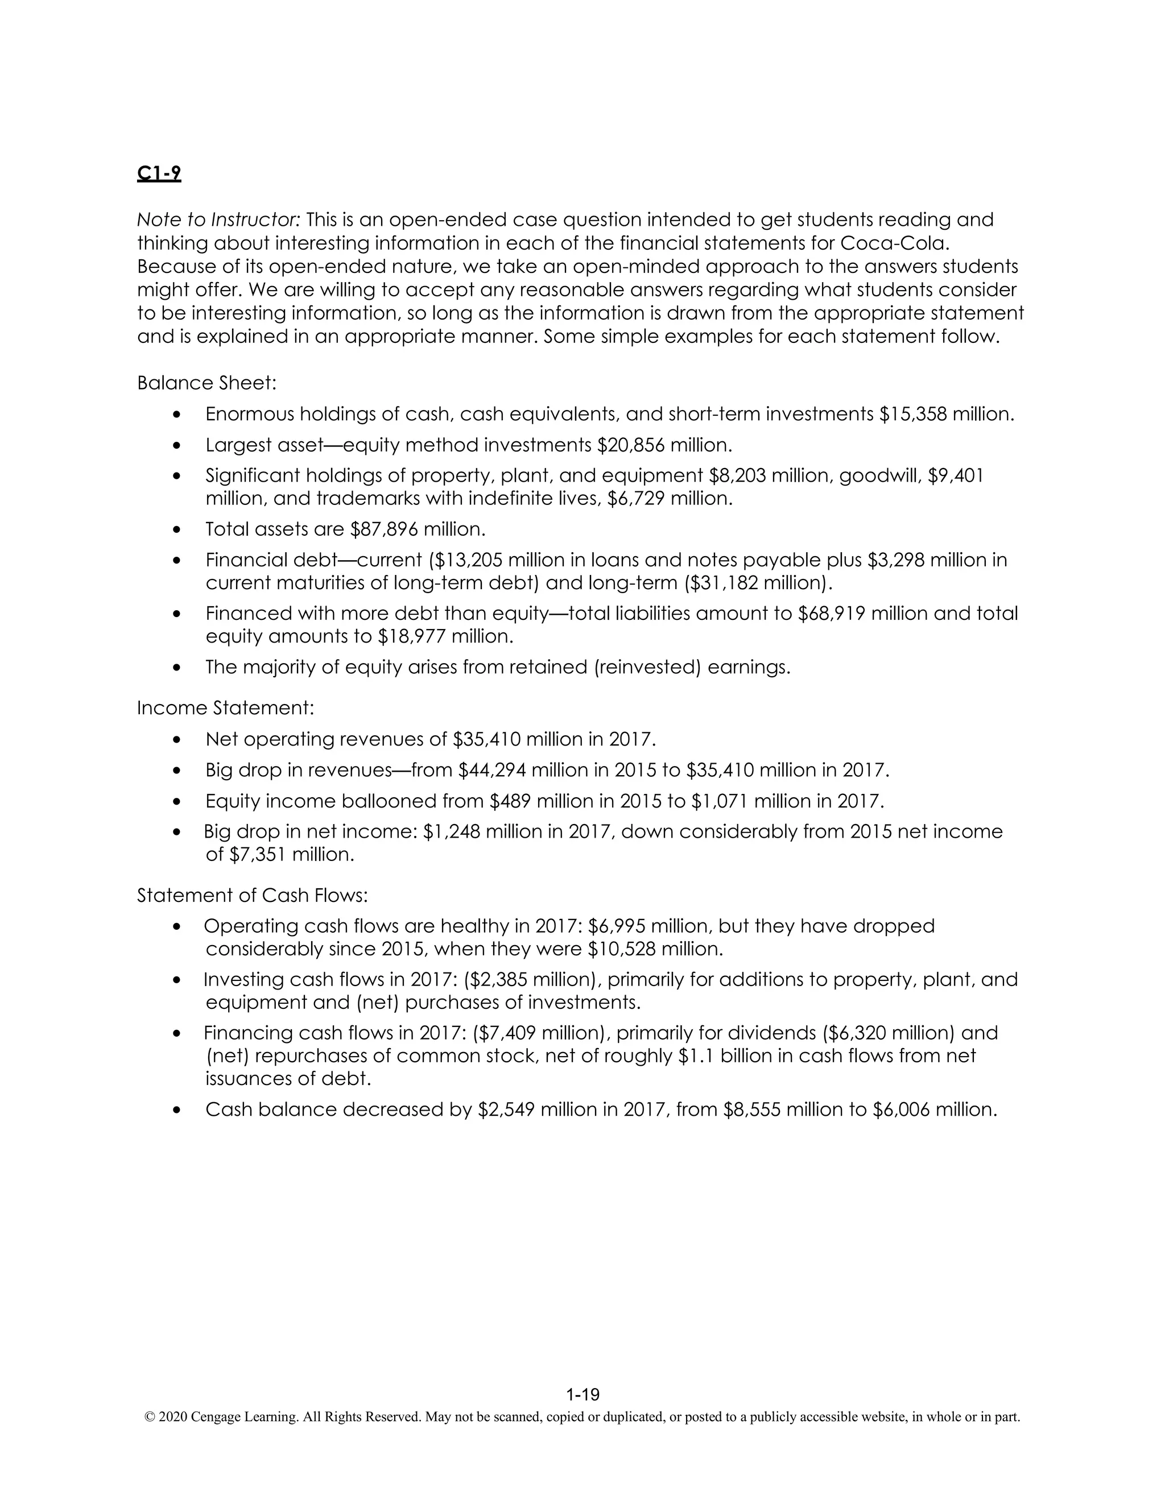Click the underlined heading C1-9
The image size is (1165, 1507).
pyautogui.click(x=159, y=173)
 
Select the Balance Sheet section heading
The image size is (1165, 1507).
pyautogui.click(x=206, y=383)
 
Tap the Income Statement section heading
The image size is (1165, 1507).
pyautogui.click(x=225, y=708)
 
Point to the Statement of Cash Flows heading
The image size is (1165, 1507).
pyautogui.click(x=252, y=895)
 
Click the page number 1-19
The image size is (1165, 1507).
pyautogui.click(x=582, y=1394)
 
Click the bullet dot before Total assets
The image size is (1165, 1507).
pyautogui.click(x=178, y=530)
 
